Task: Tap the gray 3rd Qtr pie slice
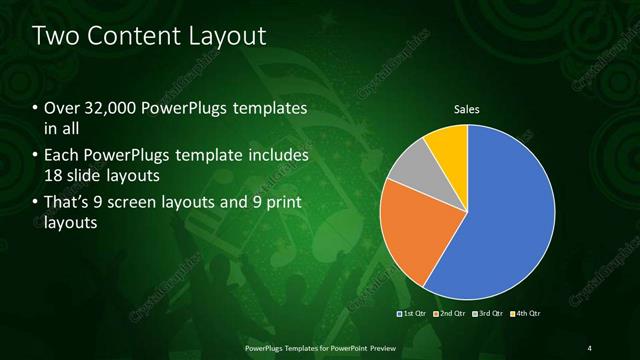(x=407, y=167)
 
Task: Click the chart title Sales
(x=467, y=109)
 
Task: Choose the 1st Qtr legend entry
(x=411, y=314)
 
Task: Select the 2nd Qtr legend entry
(x=449, y=314)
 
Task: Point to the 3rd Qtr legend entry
(x=487, y=314)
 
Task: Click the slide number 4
(x=589, y=347)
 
